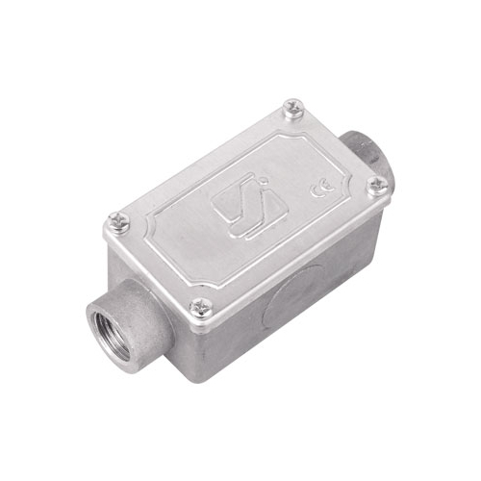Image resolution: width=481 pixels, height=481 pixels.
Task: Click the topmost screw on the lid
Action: coord(294,108)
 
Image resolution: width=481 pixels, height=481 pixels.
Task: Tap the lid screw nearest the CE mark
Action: coord(378,186)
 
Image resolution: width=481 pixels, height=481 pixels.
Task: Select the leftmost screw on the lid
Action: coord(118,221)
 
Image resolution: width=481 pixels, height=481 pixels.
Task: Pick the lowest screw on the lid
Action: coord(201,308)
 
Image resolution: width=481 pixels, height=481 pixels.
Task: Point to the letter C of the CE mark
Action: coord(316,191)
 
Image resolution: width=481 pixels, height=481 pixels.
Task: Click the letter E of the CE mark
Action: coord(328,186)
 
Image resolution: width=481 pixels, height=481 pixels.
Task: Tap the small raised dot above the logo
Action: coord(265,183)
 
